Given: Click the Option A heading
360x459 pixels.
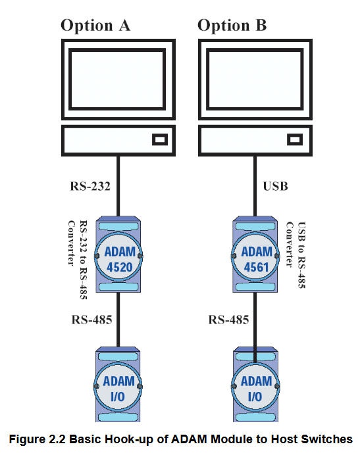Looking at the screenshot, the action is coord(95,26).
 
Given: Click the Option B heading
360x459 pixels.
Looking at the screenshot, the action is coord(232,26).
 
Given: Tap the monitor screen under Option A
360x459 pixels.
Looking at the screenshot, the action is coord(117,80).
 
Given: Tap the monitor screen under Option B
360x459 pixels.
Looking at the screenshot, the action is coord(255,80).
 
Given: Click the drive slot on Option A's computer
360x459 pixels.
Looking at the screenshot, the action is coord(160,139).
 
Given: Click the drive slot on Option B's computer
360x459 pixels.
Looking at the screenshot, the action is coord(295,139).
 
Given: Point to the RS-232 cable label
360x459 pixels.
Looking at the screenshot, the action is coord(90,186).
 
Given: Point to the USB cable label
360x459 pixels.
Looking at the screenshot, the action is coord(275,186).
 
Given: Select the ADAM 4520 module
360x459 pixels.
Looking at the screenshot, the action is coord(118,254).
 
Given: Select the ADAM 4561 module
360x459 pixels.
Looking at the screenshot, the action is coord(255,254).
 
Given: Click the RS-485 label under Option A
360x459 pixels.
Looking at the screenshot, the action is coord(91,320).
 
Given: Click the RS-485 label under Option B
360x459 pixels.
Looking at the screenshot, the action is coord(228,320).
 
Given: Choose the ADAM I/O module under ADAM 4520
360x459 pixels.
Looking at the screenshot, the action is coord(118,385).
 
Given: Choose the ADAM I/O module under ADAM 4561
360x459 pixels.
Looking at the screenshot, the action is coord(255,385).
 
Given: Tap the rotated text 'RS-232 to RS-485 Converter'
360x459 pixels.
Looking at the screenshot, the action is coord(78,260).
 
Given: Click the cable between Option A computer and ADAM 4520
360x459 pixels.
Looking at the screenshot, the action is coord(118,186).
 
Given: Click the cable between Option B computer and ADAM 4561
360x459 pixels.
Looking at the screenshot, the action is coord(255,186).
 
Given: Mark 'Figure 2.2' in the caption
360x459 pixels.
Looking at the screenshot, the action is coord(38,439).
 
